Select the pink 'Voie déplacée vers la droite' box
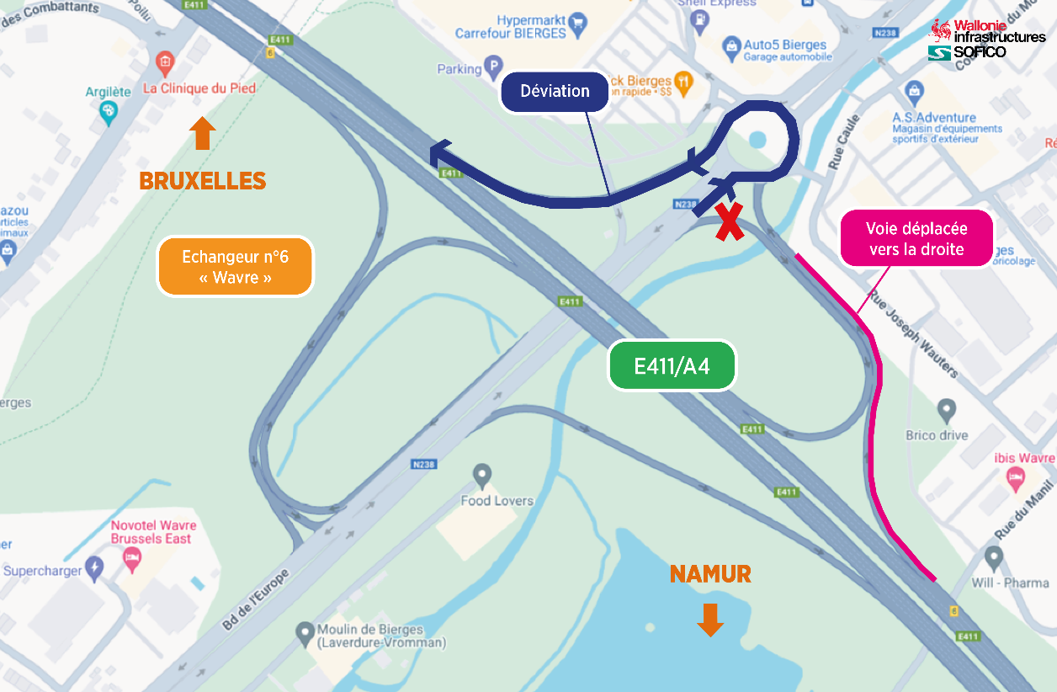click(916, 238)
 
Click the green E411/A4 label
click(672, 366)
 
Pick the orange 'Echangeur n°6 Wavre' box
click(236, 267)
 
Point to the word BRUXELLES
click(202, 181)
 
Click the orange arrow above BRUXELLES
click(202, 133)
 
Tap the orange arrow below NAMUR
click(710, 619)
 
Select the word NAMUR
click(710, 575)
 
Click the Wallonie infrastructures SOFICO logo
click(986, 40)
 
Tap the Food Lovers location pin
click(482, 476)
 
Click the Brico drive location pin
click(947, 412)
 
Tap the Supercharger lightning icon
click(94, 569)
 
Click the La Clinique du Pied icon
click(165, 61)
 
